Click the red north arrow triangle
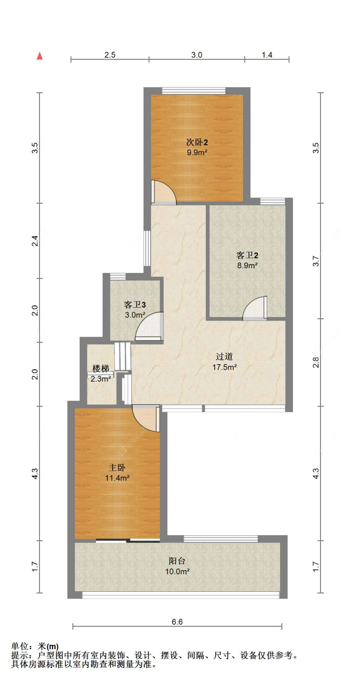pyautogui.click(x=40, y=56)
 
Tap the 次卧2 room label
pyautogui.click(x=197, y=142)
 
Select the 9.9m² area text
pyautogui.click(x=197, y=152)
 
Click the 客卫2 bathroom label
pyautogui.click(x=247, y=255)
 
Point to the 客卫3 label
pyautogui.click(x=135, y=304)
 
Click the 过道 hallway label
pyautogui.click(x=224, y=357)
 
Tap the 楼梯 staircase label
pyautogui.click(x=101, y=368)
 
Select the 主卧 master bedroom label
pyautogui.click(x=117, y=468)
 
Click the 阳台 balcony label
pyautogui.click(x=177, y=561)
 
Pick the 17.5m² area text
pyautogui.click(x=225, y=367)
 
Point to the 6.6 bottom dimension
pyautogui.click(x=177, y=622)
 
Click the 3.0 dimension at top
pyautogui.click(x=197, y=55)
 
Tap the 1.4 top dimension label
pyautogui.click(x=267, y=55)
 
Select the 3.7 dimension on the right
pyautogui.click(x=316, y=261)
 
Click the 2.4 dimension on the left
pyautogui.click(x=35, y=241)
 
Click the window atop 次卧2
pyautogui.click(x=194, y=91)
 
